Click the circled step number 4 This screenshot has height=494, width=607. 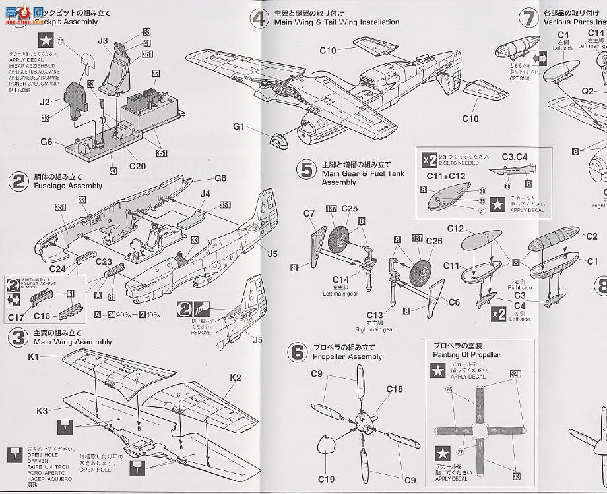pos(259,17)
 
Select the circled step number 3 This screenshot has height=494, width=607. pos(18,337)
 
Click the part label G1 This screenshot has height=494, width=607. pos(239,126)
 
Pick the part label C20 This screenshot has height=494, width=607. pos(138,166)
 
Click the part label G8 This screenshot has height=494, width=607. pos(220,178)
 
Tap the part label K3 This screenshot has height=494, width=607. pos(42,411)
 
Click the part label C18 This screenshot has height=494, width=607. pos(395,389)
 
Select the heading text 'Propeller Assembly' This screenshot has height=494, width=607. pos(347,357)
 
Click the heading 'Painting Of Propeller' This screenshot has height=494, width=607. pos(466,355)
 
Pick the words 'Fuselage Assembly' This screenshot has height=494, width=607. pos(68,186)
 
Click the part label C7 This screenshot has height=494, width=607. pos(309,213)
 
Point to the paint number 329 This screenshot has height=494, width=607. pos(515,374)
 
